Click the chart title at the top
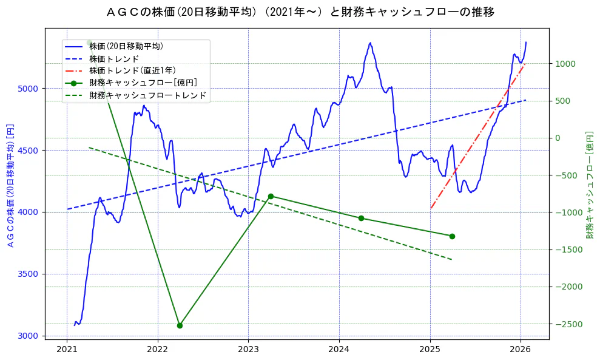pos(300,12)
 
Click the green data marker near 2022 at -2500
pos(180,325)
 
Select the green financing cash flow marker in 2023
pos(271,196)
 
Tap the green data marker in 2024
pos(361,218)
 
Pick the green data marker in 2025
pos(452,236)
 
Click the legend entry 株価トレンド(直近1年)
pos(132,70)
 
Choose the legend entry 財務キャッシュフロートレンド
pos(147,95)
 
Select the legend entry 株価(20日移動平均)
pos(126,46)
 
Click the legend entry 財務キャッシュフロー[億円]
pos(143,83)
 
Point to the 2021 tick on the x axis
pos(67,349)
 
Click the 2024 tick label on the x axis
pos(339,349)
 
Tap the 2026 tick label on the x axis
pos(521,349)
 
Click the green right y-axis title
pos(589,183)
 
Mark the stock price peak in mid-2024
pos(369,43)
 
